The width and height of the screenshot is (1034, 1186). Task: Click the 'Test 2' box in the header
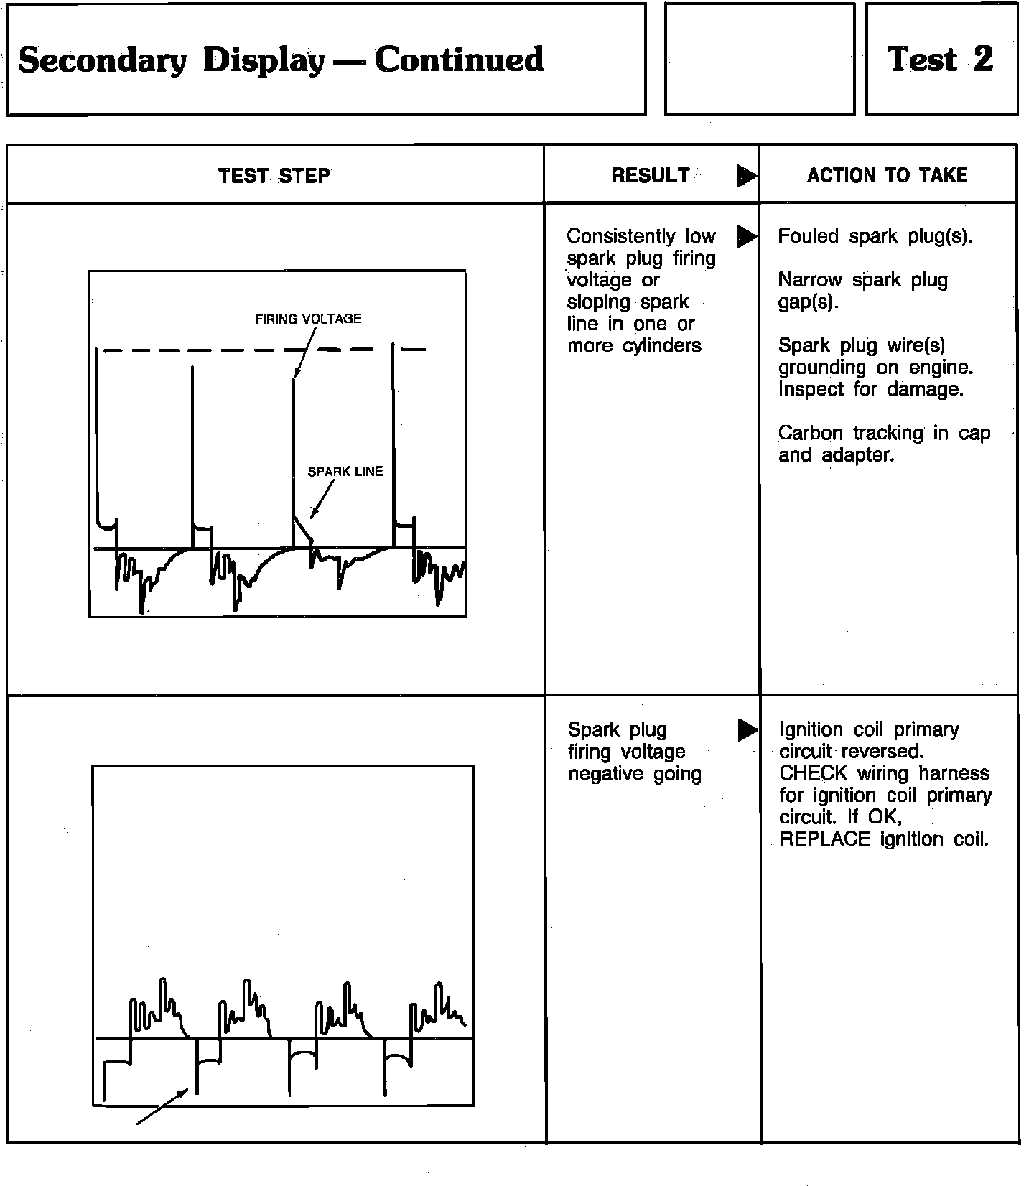(x=941, y=59)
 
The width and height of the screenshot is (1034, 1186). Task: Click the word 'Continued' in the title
(x=459, y=60)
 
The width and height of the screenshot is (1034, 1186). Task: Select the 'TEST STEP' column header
(x=274, y=176)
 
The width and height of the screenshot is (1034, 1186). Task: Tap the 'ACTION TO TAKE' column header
(x=887, y=175)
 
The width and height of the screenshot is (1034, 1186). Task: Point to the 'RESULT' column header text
(x=650, y=175)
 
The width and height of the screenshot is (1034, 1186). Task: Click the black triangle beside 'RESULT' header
(x=747, y=176)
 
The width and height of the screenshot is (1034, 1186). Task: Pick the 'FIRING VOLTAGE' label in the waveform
(x=308, y=319)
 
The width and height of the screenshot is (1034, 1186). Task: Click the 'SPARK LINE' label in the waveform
(x=345, y=472)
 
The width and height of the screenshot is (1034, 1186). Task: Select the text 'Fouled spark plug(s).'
(x=875, y=236)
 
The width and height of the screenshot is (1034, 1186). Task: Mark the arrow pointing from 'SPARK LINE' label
(x=322, y=500)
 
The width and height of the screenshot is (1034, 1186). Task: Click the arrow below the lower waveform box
(x=162, y=1106)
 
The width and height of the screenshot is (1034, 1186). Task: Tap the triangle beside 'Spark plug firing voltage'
(x=747, y=730)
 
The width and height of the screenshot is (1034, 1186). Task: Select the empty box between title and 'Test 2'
(x=760, y=59)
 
